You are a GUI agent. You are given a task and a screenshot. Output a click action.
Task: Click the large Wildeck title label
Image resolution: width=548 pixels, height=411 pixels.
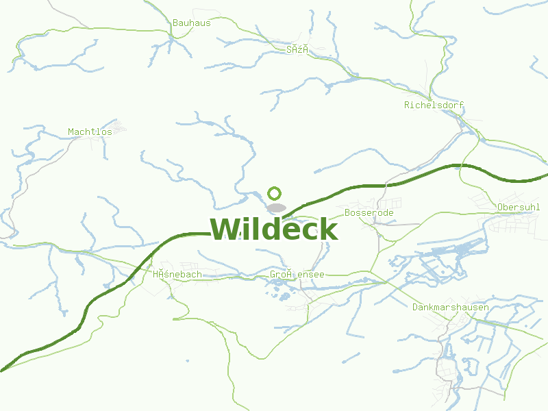(x=273, y=229)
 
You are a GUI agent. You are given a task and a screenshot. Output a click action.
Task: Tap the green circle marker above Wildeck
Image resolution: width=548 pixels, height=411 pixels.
(x=275, y=194)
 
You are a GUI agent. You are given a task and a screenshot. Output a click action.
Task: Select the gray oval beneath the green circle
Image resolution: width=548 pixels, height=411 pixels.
(x=276, y=207)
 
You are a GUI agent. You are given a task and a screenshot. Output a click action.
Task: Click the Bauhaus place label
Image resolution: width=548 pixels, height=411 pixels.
(x=191, y=23)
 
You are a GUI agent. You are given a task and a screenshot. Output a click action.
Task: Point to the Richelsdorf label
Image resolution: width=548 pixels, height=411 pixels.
(x=434, y=105)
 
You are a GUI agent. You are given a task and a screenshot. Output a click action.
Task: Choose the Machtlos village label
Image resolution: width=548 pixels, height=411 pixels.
(x=90, y=132)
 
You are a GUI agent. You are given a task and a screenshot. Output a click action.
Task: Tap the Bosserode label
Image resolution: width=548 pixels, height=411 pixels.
(x=369, y=213)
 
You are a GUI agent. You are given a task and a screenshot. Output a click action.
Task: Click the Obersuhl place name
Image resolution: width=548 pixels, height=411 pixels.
(x=519, y=207)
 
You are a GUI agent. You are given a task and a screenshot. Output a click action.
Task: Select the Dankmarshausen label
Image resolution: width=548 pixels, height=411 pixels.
(x=450, y=308)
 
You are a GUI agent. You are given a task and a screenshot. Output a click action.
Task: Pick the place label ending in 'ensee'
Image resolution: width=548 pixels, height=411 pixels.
(x=297, y=275)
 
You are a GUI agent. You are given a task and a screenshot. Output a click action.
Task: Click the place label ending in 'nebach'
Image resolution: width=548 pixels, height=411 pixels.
(x=177, y=275)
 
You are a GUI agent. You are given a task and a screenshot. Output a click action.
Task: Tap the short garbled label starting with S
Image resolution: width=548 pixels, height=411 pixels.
(x=297, y=49)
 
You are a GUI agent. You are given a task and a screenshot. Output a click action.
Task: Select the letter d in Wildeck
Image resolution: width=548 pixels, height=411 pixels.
(x=264, y=229)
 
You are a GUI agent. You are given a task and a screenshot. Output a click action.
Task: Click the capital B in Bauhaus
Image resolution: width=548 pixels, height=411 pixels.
(x=175, y=23)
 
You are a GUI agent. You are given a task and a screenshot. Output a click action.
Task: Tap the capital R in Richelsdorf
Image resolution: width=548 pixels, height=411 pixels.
(x=407, y=105)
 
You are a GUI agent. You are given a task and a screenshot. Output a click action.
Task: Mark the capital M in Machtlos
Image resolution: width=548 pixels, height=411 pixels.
(x=71, y=132)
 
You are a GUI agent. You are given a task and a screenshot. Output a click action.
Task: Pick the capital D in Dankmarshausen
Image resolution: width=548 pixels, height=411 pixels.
(x=415, y=308)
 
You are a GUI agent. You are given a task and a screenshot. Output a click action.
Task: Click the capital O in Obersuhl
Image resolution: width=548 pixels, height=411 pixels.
(x=501, y=207)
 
